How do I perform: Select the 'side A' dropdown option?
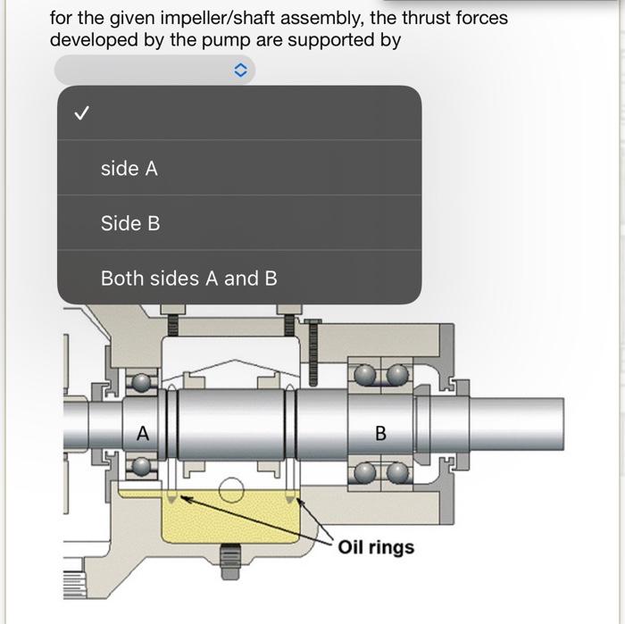[129, 168]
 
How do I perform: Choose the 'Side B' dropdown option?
[130, 223]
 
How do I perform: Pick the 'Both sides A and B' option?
[188, 279]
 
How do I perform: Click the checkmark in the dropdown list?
[81, 113]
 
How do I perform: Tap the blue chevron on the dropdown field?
[238, 71]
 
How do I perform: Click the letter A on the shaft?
[141, 434]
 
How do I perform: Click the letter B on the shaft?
[381, 434]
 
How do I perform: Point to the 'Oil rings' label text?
[376, 546]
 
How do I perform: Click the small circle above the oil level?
[231, 490]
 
